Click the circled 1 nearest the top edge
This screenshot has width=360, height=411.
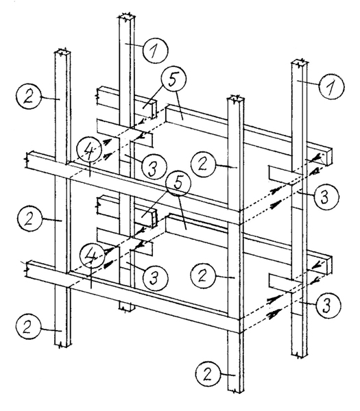155,50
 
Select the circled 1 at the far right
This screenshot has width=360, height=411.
331,86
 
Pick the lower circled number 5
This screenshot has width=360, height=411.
177,184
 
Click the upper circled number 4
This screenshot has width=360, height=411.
89,152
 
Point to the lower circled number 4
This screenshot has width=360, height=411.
92,256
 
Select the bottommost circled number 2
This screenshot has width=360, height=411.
207,374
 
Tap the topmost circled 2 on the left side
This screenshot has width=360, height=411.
29,97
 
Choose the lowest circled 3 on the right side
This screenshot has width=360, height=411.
328,305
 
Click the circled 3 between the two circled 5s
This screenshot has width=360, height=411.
154,167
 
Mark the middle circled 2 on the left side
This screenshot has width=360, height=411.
30,219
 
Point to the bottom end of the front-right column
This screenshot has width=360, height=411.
236,390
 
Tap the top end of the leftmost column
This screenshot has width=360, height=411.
62,52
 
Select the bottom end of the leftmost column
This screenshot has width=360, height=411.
63,345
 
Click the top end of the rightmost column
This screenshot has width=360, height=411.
300,63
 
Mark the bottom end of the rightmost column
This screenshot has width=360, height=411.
300,355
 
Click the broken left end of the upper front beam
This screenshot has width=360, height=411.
28,160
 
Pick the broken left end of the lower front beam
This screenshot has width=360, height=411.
28,269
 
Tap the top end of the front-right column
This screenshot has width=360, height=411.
236,99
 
